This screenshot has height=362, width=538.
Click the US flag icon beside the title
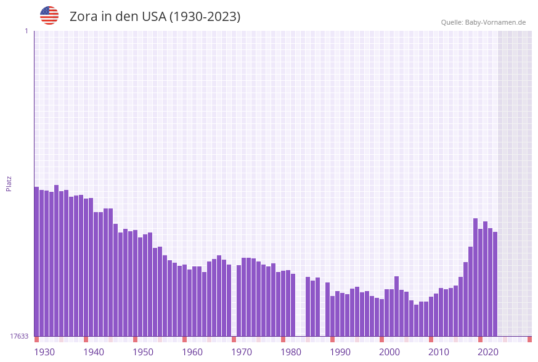[49, 15]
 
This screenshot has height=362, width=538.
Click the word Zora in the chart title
[84, 17]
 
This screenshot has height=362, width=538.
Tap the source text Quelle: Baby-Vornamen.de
[483, 22]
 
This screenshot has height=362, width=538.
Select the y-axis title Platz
[9, 183]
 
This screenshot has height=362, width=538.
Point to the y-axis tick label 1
[26, 31]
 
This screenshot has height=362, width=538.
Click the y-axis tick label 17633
[18, 336]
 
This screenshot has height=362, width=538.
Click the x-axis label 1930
[44, 352]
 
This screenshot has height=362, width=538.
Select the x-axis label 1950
[143, 352]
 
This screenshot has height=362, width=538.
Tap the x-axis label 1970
[242, 352]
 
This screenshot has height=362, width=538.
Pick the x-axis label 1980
[291, 352]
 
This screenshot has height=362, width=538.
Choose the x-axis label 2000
[389, 352]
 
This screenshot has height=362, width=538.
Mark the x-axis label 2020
[488, 352]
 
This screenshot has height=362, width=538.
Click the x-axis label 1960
[192, 352]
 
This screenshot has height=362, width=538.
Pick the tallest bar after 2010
[475, 277]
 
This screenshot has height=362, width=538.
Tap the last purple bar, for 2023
[495, 284]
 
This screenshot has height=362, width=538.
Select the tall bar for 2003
[397, 306]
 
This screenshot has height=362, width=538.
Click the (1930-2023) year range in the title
[205, 17]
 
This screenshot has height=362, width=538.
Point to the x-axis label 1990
[340, 352]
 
